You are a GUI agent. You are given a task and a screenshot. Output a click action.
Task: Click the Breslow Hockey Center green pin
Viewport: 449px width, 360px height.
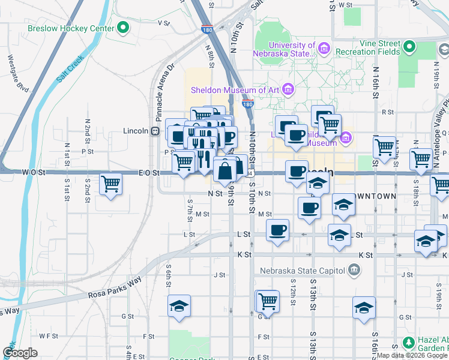(124, 28)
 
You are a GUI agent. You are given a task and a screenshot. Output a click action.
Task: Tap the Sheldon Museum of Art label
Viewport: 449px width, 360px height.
(236, 90)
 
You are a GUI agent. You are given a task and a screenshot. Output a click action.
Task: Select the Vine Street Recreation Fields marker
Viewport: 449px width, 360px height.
(409, 46)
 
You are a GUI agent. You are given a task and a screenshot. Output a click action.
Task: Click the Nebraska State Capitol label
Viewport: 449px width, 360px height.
(302, 270)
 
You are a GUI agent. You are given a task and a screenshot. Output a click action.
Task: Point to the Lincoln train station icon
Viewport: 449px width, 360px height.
(155, 131)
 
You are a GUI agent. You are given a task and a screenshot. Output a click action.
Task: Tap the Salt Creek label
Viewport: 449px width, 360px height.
(70, 68)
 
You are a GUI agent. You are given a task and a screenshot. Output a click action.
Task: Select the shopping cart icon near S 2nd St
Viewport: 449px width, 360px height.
(111, 184)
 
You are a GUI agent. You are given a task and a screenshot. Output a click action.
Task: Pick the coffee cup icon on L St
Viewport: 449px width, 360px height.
(277, 230)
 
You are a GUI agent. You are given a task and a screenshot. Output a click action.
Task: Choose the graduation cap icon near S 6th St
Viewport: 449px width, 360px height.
(179, 307)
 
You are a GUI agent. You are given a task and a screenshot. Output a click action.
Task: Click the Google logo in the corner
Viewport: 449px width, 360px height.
(20, 353)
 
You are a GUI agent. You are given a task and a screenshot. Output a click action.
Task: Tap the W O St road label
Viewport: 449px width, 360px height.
(34, 172)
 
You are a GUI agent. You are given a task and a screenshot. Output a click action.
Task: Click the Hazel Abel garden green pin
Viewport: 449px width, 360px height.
(409, 343)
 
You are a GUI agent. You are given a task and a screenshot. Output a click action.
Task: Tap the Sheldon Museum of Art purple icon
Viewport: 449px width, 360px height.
(288, 90)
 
